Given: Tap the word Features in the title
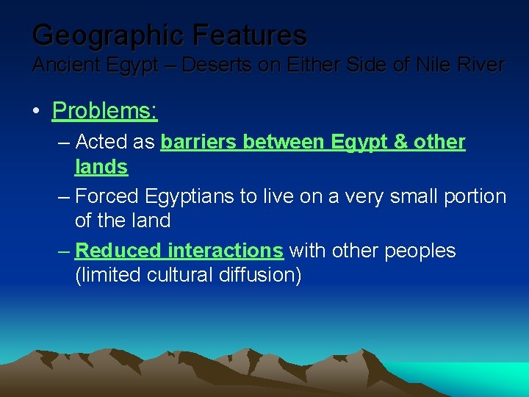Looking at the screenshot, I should pos(251,35).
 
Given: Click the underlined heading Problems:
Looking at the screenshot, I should pos(105,110).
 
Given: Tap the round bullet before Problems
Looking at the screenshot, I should pos(36,112).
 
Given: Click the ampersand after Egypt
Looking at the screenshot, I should pos(401,141).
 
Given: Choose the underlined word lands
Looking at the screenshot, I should pos(101,167).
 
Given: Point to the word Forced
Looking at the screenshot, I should pos(107,196).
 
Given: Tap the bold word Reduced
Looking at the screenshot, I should pos(118,251).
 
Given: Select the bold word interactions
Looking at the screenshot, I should pos(225,251).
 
